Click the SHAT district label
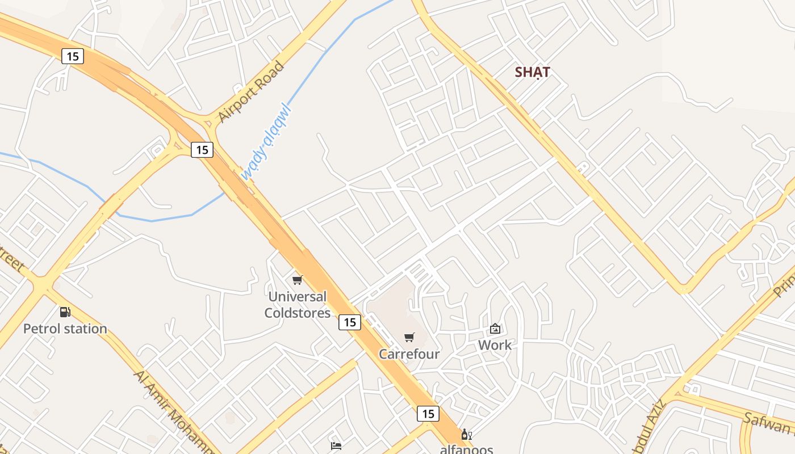pos(532,72)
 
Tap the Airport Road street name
pos(250,93)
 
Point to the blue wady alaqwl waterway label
pos(266,141)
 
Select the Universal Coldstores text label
pos(297,305)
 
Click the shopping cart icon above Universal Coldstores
pos(297,280)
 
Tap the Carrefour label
pos(409,354)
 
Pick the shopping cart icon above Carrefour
pos(409,338)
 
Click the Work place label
pos(495,345)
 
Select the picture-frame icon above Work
pos(495,329)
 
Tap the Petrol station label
pos(65,329)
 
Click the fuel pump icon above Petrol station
pos(65,312)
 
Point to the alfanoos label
pos(466,449)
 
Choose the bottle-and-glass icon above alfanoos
pos(466,435)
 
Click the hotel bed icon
pos(336,445)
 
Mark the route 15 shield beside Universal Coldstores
pos(350,322)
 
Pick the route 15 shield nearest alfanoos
pos(428,414)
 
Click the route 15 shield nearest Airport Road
pos(202,150)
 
